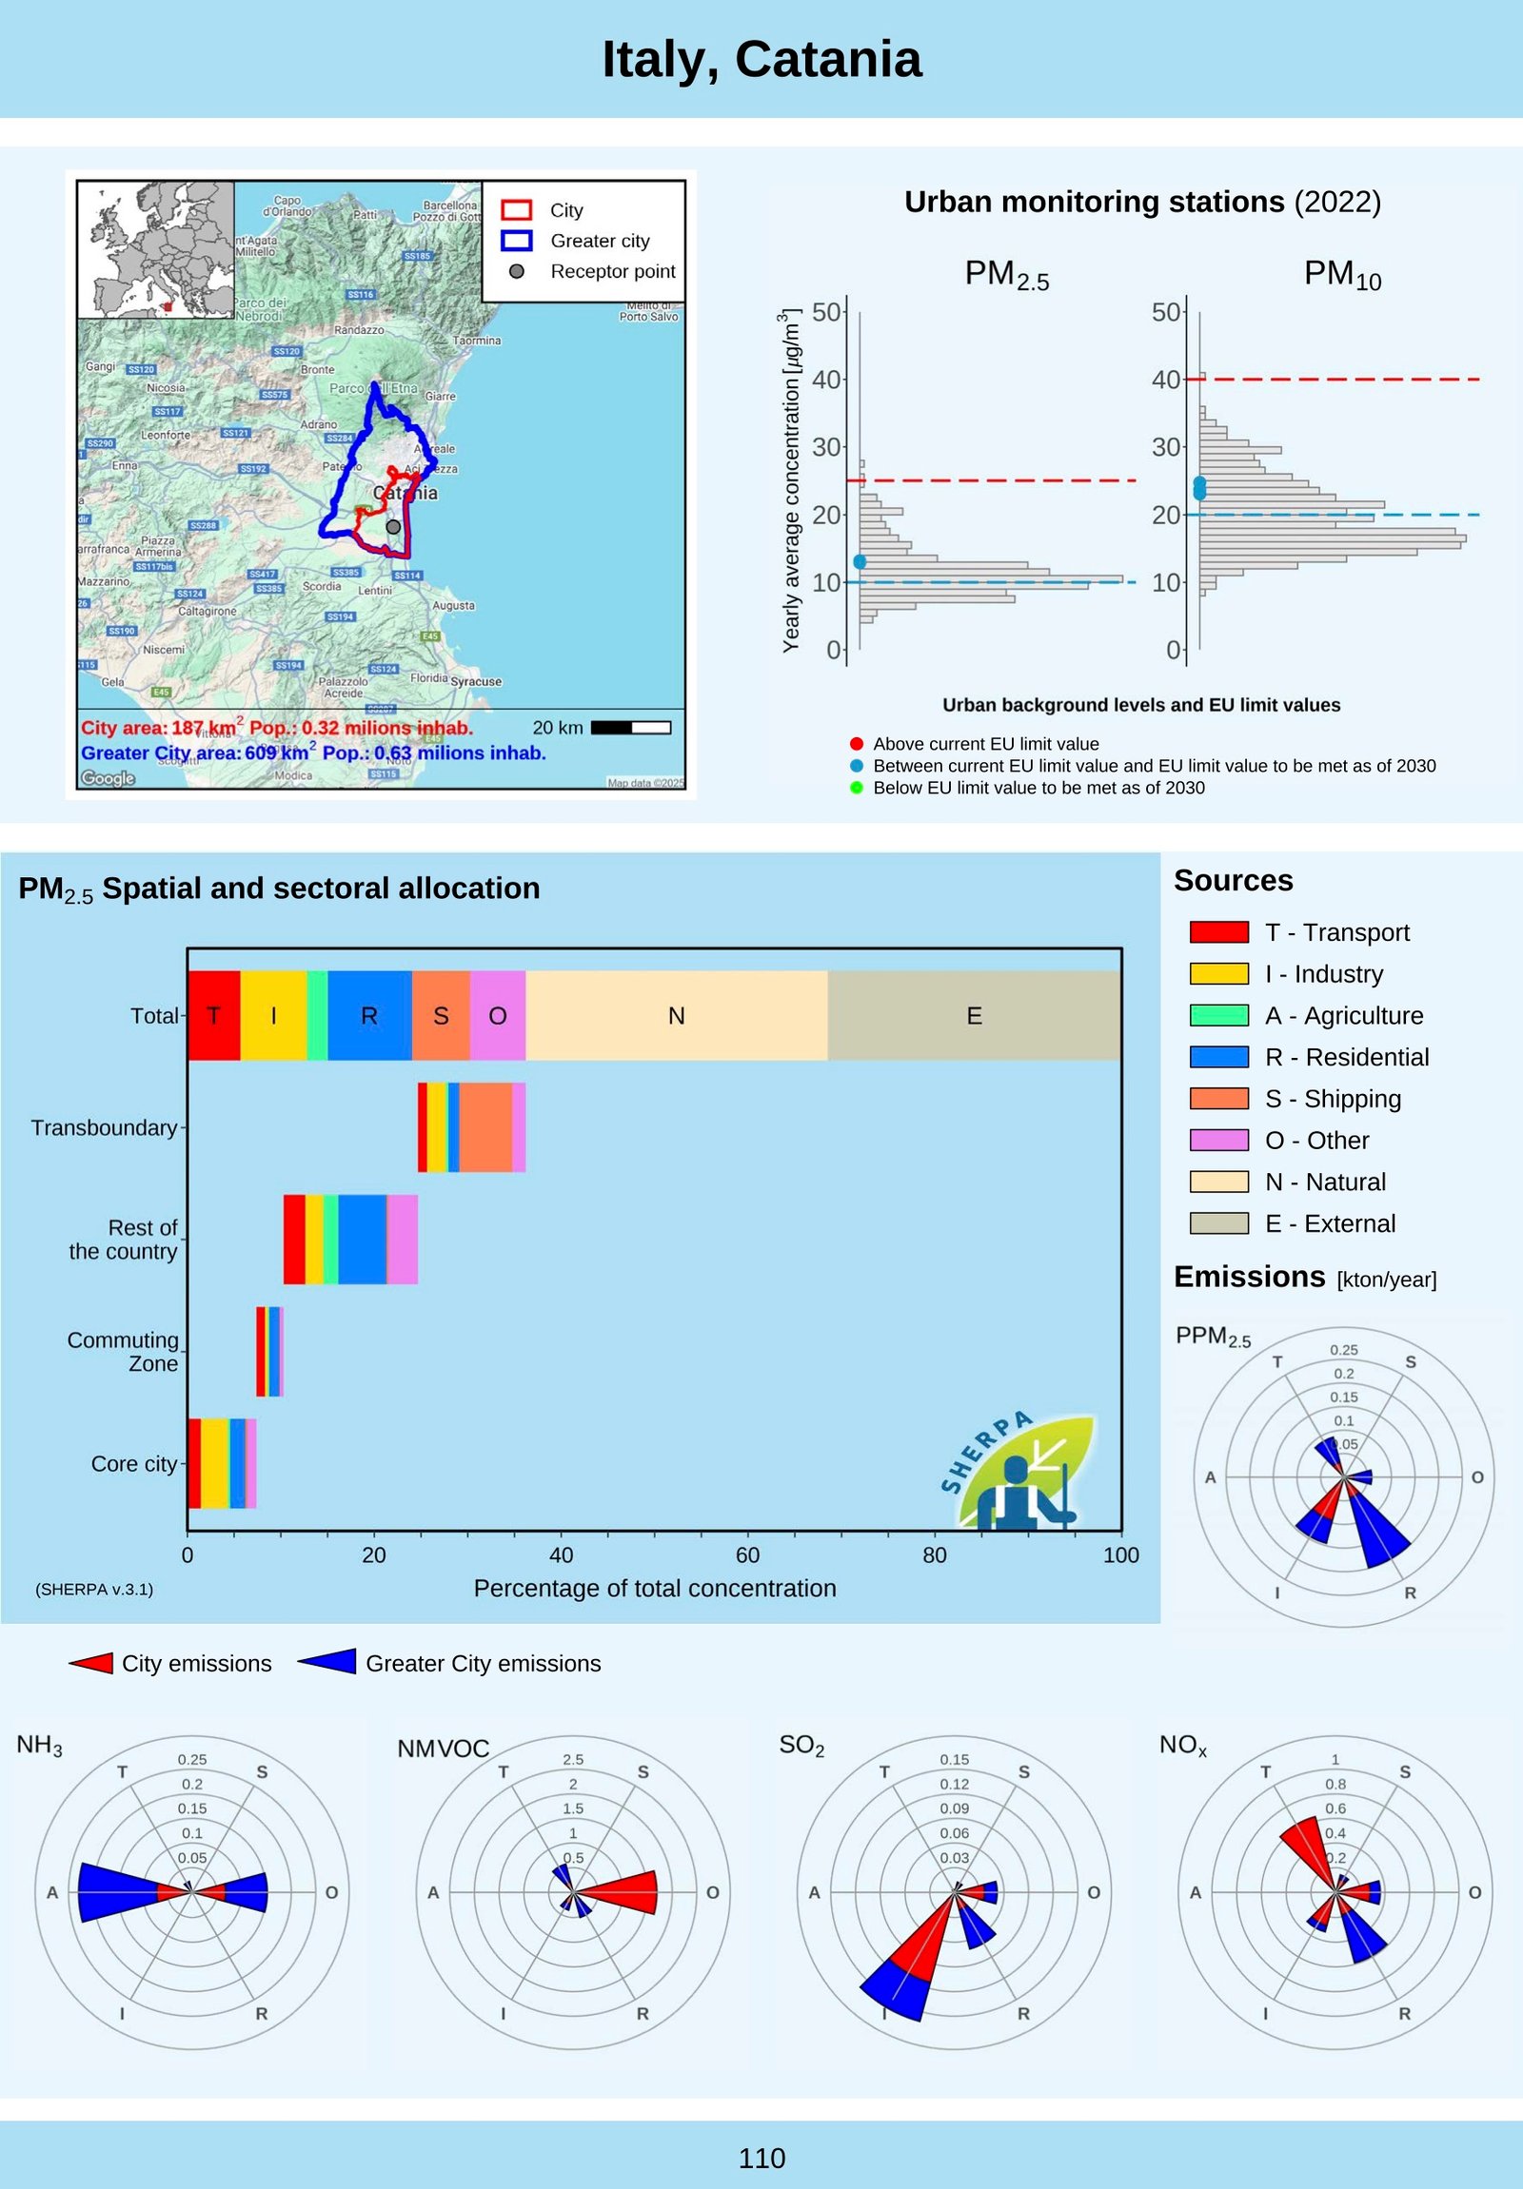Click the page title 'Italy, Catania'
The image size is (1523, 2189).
(761, 60)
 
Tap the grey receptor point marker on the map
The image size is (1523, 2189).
(393, 527)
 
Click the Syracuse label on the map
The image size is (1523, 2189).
(475, 682)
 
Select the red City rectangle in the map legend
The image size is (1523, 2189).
(516, 209)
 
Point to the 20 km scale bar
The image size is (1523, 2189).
(630, 728)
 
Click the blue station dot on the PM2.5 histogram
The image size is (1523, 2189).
(860, 562)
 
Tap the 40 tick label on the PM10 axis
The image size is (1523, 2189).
(1165, 380)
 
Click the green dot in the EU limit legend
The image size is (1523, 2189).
(857, 788)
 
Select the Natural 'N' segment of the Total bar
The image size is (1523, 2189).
(676, 1015)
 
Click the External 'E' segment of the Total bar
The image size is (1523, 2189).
(974, 1015)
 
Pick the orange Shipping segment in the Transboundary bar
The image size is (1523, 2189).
(485, 1127)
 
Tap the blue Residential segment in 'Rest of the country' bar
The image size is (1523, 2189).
(363, 1240)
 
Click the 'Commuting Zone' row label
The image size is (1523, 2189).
(123, 1352)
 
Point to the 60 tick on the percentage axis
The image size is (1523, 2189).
(747, 1555)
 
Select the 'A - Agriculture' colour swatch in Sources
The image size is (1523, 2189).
(1218, 1015)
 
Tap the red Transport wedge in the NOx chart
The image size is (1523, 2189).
(1307, 1851)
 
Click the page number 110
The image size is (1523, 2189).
(761, 2159)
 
